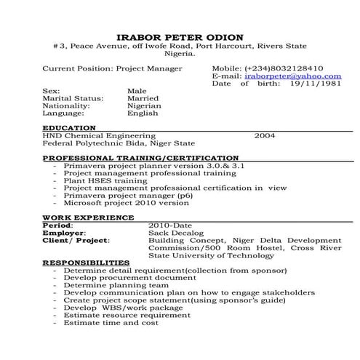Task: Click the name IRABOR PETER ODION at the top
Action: click(x=180, y=37)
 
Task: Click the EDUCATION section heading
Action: click(x=70, y=127)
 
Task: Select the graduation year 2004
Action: click(x=264, y=135)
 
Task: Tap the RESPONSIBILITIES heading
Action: click(x=86, y=262)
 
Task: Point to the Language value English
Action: click(x=142, y=113)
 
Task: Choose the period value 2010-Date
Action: click(x=169, y=225)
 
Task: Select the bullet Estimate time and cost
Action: click(x=111, y=322)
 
